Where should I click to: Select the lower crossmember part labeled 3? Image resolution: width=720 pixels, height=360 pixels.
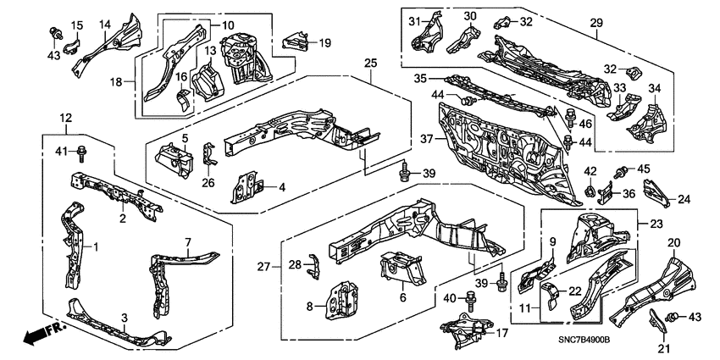tap(119, 331)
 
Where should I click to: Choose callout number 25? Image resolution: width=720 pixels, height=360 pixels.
tap(369, 64)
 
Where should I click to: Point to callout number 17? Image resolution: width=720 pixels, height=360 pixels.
tap(501, 333)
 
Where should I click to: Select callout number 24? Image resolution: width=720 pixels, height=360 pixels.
tap(684, 201)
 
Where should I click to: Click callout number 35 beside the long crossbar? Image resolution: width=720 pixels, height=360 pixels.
tap(419, 78)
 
